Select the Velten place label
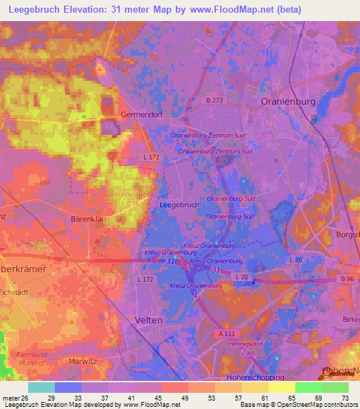(148, 319)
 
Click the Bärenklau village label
(89, 219)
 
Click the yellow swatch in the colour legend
(282, 387)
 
